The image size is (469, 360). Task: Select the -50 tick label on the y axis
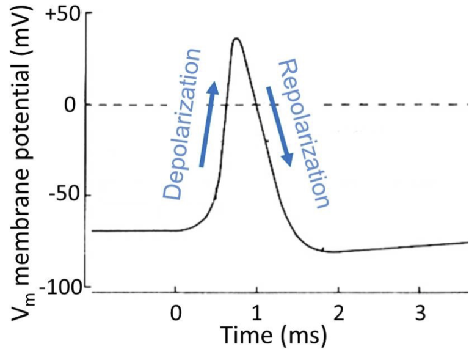(x=66, y=196)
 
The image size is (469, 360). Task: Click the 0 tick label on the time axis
(x=175, y=314)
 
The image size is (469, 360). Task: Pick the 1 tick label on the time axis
(x=256, y=314)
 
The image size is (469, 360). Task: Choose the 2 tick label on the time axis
(x=338, y=314)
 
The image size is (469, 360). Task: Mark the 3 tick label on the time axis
(x=419, y=314)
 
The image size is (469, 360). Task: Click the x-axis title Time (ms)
(x=274, y=335)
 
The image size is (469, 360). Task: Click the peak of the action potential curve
(x=236, y=39)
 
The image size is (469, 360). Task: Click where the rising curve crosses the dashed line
(x=224, y=105)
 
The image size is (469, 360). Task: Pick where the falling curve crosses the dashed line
(x=256, y=105)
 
